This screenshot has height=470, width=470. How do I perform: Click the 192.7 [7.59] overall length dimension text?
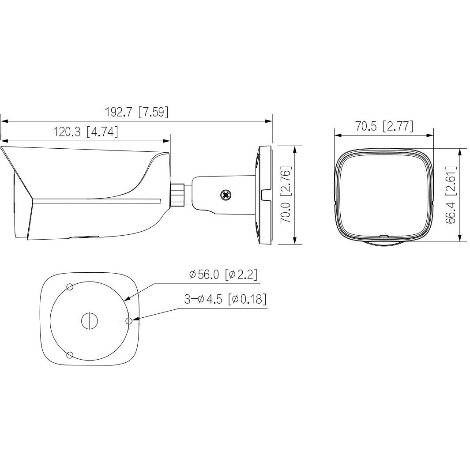(x=136, y=112)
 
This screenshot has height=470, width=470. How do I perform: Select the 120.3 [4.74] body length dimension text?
(x=86, y=132)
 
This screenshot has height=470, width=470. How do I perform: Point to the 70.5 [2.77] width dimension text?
(x=384, y=126)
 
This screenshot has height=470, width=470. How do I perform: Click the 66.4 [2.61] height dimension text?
(x=451, y=195)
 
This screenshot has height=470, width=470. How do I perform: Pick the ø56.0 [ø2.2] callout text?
(x=223, y=274)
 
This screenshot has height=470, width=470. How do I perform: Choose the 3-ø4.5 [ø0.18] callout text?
(x=225, y=299)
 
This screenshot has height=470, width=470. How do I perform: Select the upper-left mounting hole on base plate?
(x=70, y=287)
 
